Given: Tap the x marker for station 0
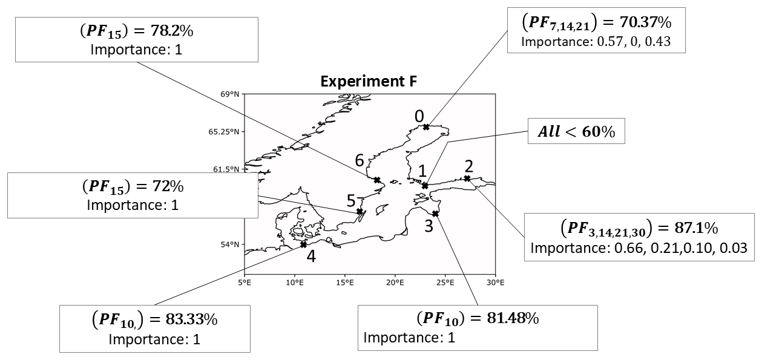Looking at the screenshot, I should click(x=426, y=127).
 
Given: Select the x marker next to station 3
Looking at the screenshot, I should click(x=435, y=213).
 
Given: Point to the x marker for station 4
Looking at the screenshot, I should click(x=303, y=244).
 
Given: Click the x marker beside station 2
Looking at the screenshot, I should click(x=467, y=178).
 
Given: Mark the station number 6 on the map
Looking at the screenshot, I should click(x=360, y=161).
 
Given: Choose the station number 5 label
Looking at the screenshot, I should click(x=351, y=201).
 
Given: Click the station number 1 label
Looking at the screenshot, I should click(x=423, y=171).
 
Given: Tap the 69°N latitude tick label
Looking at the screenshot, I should click(x=231, y=94).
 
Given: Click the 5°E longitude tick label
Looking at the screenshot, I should click(x=245, y=283).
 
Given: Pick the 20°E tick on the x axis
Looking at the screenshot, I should click(x=395, y=283).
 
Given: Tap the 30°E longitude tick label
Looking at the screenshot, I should click(x=495, y=283).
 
